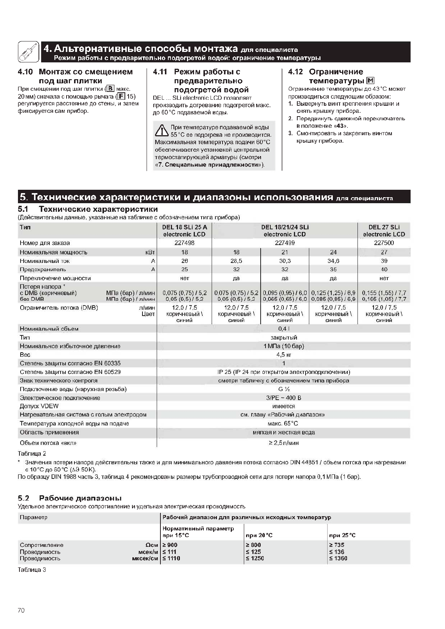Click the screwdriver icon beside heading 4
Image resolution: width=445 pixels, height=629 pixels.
(28, 52)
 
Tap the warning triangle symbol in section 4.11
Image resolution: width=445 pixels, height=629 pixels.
(162, 131)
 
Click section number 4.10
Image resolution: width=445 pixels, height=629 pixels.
(25, 72)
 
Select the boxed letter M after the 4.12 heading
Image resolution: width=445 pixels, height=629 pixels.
(371, 81)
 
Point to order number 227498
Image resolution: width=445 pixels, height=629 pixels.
(184, 243)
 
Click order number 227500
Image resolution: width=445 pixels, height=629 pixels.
(384, 243)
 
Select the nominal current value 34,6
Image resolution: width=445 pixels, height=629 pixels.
(333, 261)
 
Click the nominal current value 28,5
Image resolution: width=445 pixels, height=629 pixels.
(236, 261)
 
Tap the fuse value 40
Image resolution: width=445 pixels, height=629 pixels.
(384, 269)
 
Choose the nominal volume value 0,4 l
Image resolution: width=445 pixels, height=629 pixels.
(283, 329)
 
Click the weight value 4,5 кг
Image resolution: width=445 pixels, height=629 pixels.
(283, 354)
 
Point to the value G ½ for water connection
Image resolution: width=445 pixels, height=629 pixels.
(283, 389)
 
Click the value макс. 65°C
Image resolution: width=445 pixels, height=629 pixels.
(283, 424)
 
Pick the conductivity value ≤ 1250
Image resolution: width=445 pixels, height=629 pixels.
(255, 558)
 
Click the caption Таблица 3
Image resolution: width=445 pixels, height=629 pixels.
(32, 570)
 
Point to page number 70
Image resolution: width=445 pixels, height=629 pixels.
(21, 610)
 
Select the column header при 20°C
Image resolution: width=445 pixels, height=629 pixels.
(259, 535)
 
